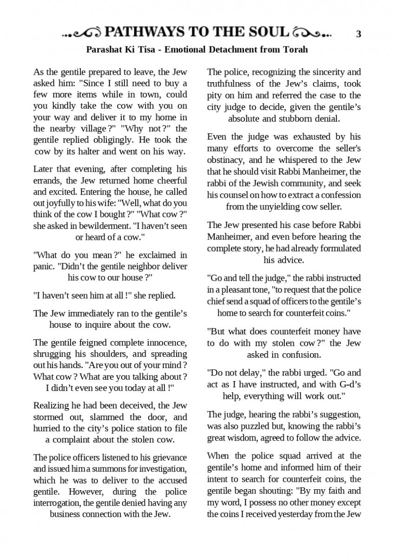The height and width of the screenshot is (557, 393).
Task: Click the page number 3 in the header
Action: click(x=358, y=34)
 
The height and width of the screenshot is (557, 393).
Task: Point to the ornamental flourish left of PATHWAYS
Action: click(x=82, y=33)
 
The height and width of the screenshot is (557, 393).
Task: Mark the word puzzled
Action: click(x=260, y=426)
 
